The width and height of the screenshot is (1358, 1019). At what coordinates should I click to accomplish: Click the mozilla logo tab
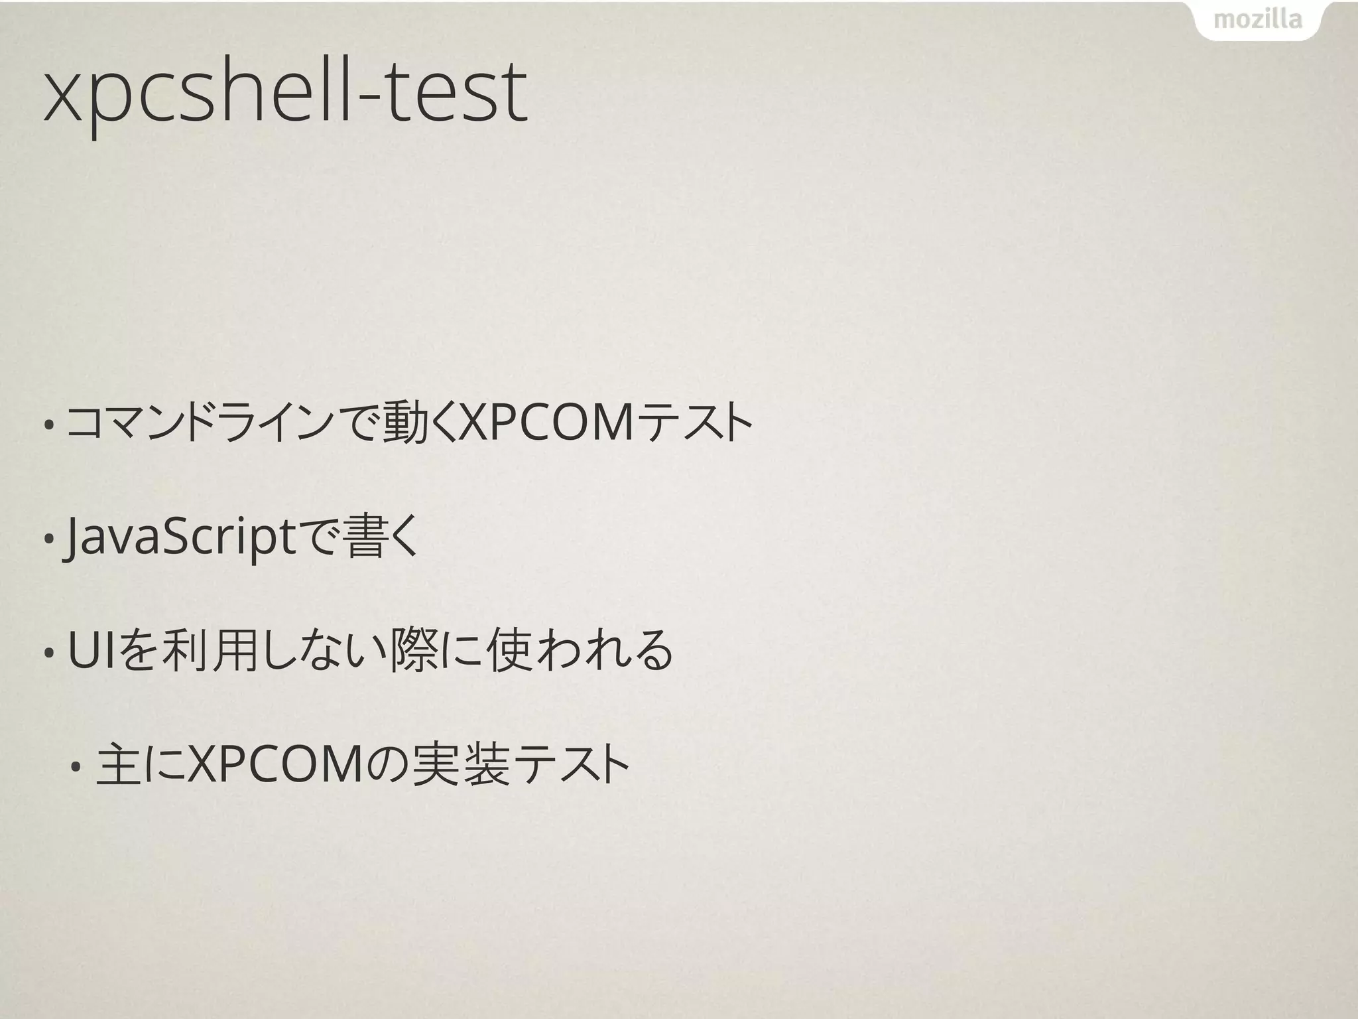coord(1257,20)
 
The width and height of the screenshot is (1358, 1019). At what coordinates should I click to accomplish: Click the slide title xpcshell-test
coord(285,93)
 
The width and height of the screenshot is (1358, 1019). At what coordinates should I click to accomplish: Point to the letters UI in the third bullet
coord(92,651)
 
